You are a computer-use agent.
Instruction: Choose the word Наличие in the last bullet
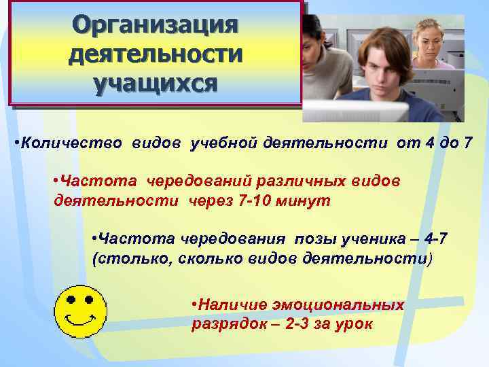[229, 305]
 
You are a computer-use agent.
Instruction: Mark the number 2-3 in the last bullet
[300, 324]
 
